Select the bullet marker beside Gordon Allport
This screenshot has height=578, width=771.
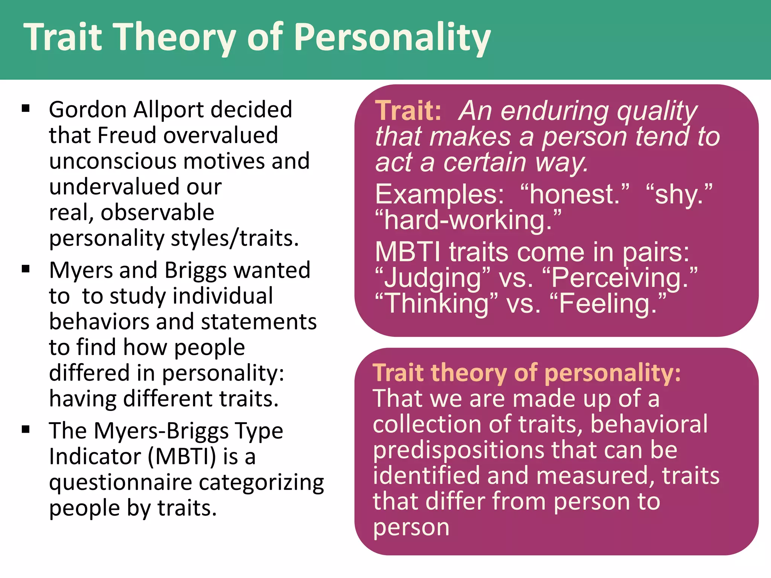coord(26,109)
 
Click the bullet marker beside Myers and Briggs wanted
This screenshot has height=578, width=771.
coord(26,269)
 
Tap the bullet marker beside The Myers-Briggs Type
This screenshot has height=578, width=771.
coord(26,429)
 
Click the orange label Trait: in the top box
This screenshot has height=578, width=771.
coord(408,111)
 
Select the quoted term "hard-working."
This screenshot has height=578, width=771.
coord(468,220)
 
